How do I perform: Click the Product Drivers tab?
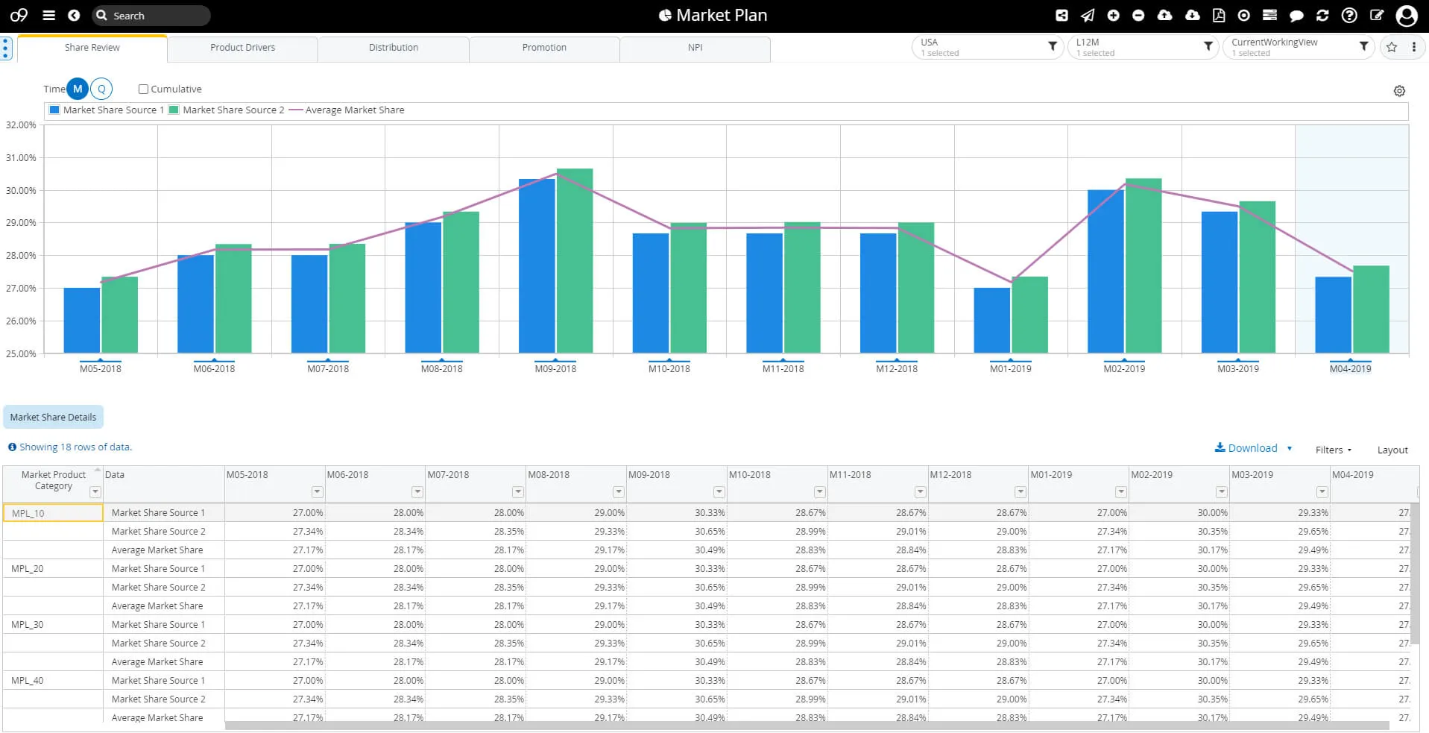point(242,48)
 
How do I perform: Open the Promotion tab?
point(544,48)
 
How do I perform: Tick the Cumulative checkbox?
point(143,89)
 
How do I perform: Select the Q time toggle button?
point(101,89)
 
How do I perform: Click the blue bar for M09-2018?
point(537,265)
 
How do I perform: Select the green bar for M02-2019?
point(1143,265)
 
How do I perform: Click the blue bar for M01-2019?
point(991,320)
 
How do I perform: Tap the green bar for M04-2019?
point(1371,309)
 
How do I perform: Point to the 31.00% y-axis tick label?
point(21,158)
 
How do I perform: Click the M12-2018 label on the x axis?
point(897,368)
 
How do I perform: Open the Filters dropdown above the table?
point(1333,450)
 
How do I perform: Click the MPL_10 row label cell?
point(53,513)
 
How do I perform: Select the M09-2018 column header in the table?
point(649,475)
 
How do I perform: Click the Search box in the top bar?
point(152,16)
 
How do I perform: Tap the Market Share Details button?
point(53,418)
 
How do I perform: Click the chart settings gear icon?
point(1399,91)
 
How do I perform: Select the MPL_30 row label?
point(28,625)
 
